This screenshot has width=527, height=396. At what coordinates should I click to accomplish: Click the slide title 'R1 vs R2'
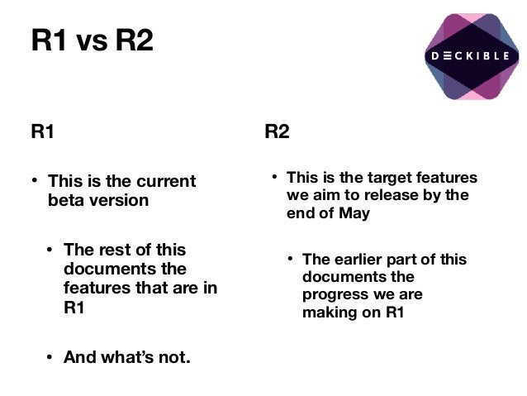pyautogui.click(x=92, y=41)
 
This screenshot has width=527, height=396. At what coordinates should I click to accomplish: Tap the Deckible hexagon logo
pyautogui.click(x=472, y=56)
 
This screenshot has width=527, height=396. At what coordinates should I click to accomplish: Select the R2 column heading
pyautogui.click(x=277, y=131)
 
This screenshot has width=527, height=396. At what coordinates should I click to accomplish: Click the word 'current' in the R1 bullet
pyautogui.click(x=167, y=181)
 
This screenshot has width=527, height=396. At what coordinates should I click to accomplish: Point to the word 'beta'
pyautogui.click(x=67, y=200)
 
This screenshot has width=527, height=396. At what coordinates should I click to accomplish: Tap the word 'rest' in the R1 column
pyautogui.click(x=115, y=250)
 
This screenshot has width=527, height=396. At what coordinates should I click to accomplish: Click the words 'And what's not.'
pyautogui.click(x=126, y=358)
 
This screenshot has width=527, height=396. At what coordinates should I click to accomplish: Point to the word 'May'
pyautogui.click(x=354, y=212)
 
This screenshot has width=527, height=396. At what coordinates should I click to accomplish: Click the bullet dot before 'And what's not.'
pyautogui.click(x=50, y=358)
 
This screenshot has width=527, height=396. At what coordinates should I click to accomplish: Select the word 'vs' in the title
pyautogui.click(x=93, y=41)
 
